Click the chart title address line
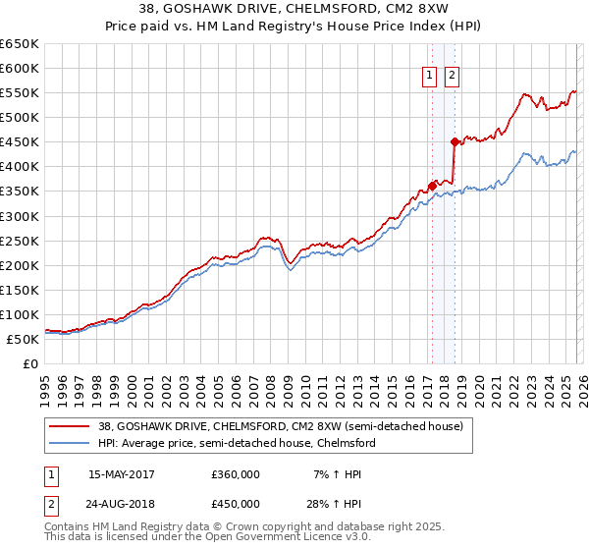coord(294,9)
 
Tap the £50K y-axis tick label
coord(23,339)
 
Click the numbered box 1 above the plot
coord(430,77)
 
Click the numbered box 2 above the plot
coord(452,77)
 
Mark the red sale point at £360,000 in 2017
coord(432,186)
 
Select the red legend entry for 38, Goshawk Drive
coord(287,426)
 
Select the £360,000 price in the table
coord(236,473)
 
